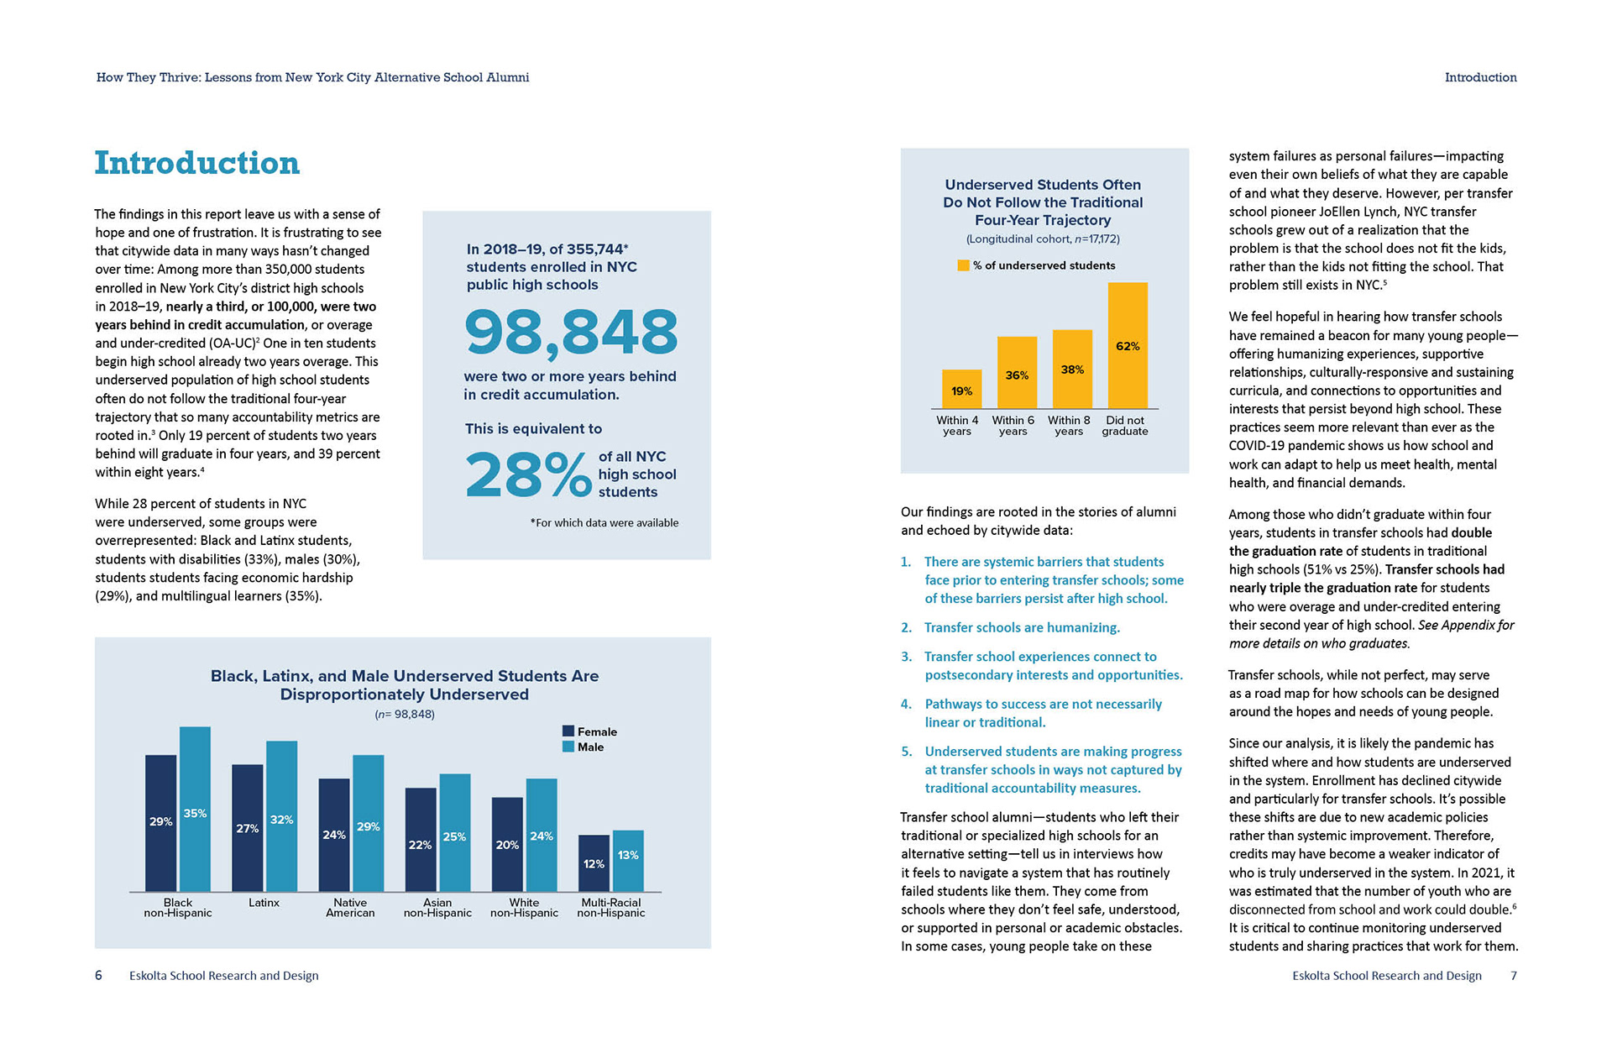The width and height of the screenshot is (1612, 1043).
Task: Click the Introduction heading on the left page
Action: tap(197, 163)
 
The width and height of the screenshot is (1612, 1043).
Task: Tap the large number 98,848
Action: tap(571, 333)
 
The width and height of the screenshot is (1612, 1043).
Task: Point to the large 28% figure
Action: tap(528, 474)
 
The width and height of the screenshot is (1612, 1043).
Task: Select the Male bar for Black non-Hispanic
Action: tap(195, 809)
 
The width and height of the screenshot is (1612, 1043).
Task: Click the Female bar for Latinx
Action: tap(248, 827)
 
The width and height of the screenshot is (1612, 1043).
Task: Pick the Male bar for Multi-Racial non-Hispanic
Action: tap(628, 860)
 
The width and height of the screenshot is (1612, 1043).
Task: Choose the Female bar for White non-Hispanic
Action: tap(507, 844)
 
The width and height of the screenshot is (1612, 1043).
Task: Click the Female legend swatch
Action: tap(568, 731)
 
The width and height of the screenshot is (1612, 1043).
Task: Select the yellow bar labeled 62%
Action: tap(1128, 345)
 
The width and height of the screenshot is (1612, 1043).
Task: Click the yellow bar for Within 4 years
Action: tap(961, 389)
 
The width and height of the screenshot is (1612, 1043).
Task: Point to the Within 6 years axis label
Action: tap(1013, 426)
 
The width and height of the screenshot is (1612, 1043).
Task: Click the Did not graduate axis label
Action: tap(1125, 426)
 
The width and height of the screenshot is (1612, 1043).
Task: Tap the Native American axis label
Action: tap(350, 908)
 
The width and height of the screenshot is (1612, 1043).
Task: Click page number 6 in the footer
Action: tap(98, 975)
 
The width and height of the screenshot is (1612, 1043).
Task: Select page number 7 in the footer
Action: tap(1513, 975)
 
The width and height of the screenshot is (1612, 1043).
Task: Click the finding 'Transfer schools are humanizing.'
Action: tap(1022, 627)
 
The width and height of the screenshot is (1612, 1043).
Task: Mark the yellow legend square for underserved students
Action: tap(963, 265)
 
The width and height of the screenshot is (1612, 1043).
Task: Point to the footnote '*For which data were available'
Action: tap(604, 522)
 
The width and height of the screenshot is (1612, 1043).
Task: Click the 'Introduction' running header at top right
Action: tap(1480, 77)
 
